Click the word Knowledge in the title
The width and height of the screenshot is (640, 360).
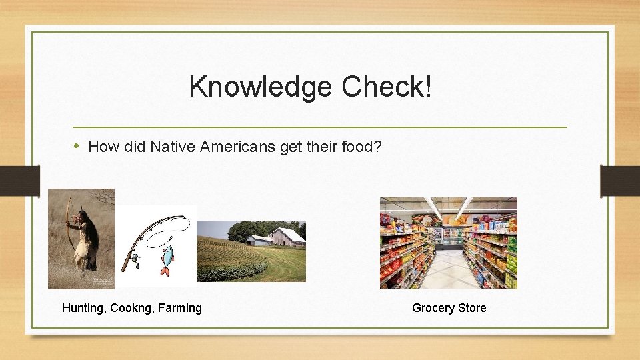260,87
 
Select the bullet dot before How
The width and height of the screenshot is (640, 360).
77,145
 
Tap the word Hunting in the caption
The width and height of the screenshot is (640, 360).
83,308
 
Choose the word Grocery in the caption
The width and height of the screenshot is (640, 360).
434,308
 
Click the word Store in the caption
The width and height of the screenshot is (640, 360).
473,308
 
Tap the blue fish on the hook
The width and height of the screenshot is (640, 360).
166,257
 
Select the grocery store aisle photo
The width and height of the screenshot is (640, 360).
448,243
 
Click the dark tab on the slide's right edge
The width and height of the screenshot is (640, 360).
619,180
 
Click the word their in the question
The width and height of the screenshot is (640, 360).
322,146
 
